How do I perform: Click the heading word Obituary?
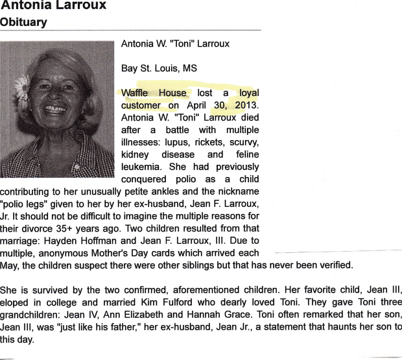point(23,23)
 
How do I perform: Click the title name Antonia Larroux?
point(53,6)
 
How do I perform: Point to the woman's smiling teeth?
point(54,108)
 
